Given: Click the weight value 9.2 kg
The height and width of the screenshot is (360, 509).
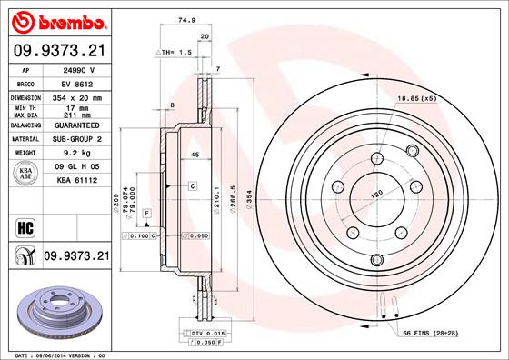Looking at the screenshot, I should tap(73, 154).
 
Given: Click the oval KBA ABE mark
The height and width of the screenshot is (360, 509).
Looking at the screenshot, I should tap(25, 175).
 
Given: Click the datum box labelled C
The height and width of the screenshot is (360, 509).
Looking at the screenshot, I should tap(194, 185).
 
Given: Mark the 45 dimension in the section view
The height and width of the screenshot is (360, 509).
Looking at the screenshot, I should tap(195, 155).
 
